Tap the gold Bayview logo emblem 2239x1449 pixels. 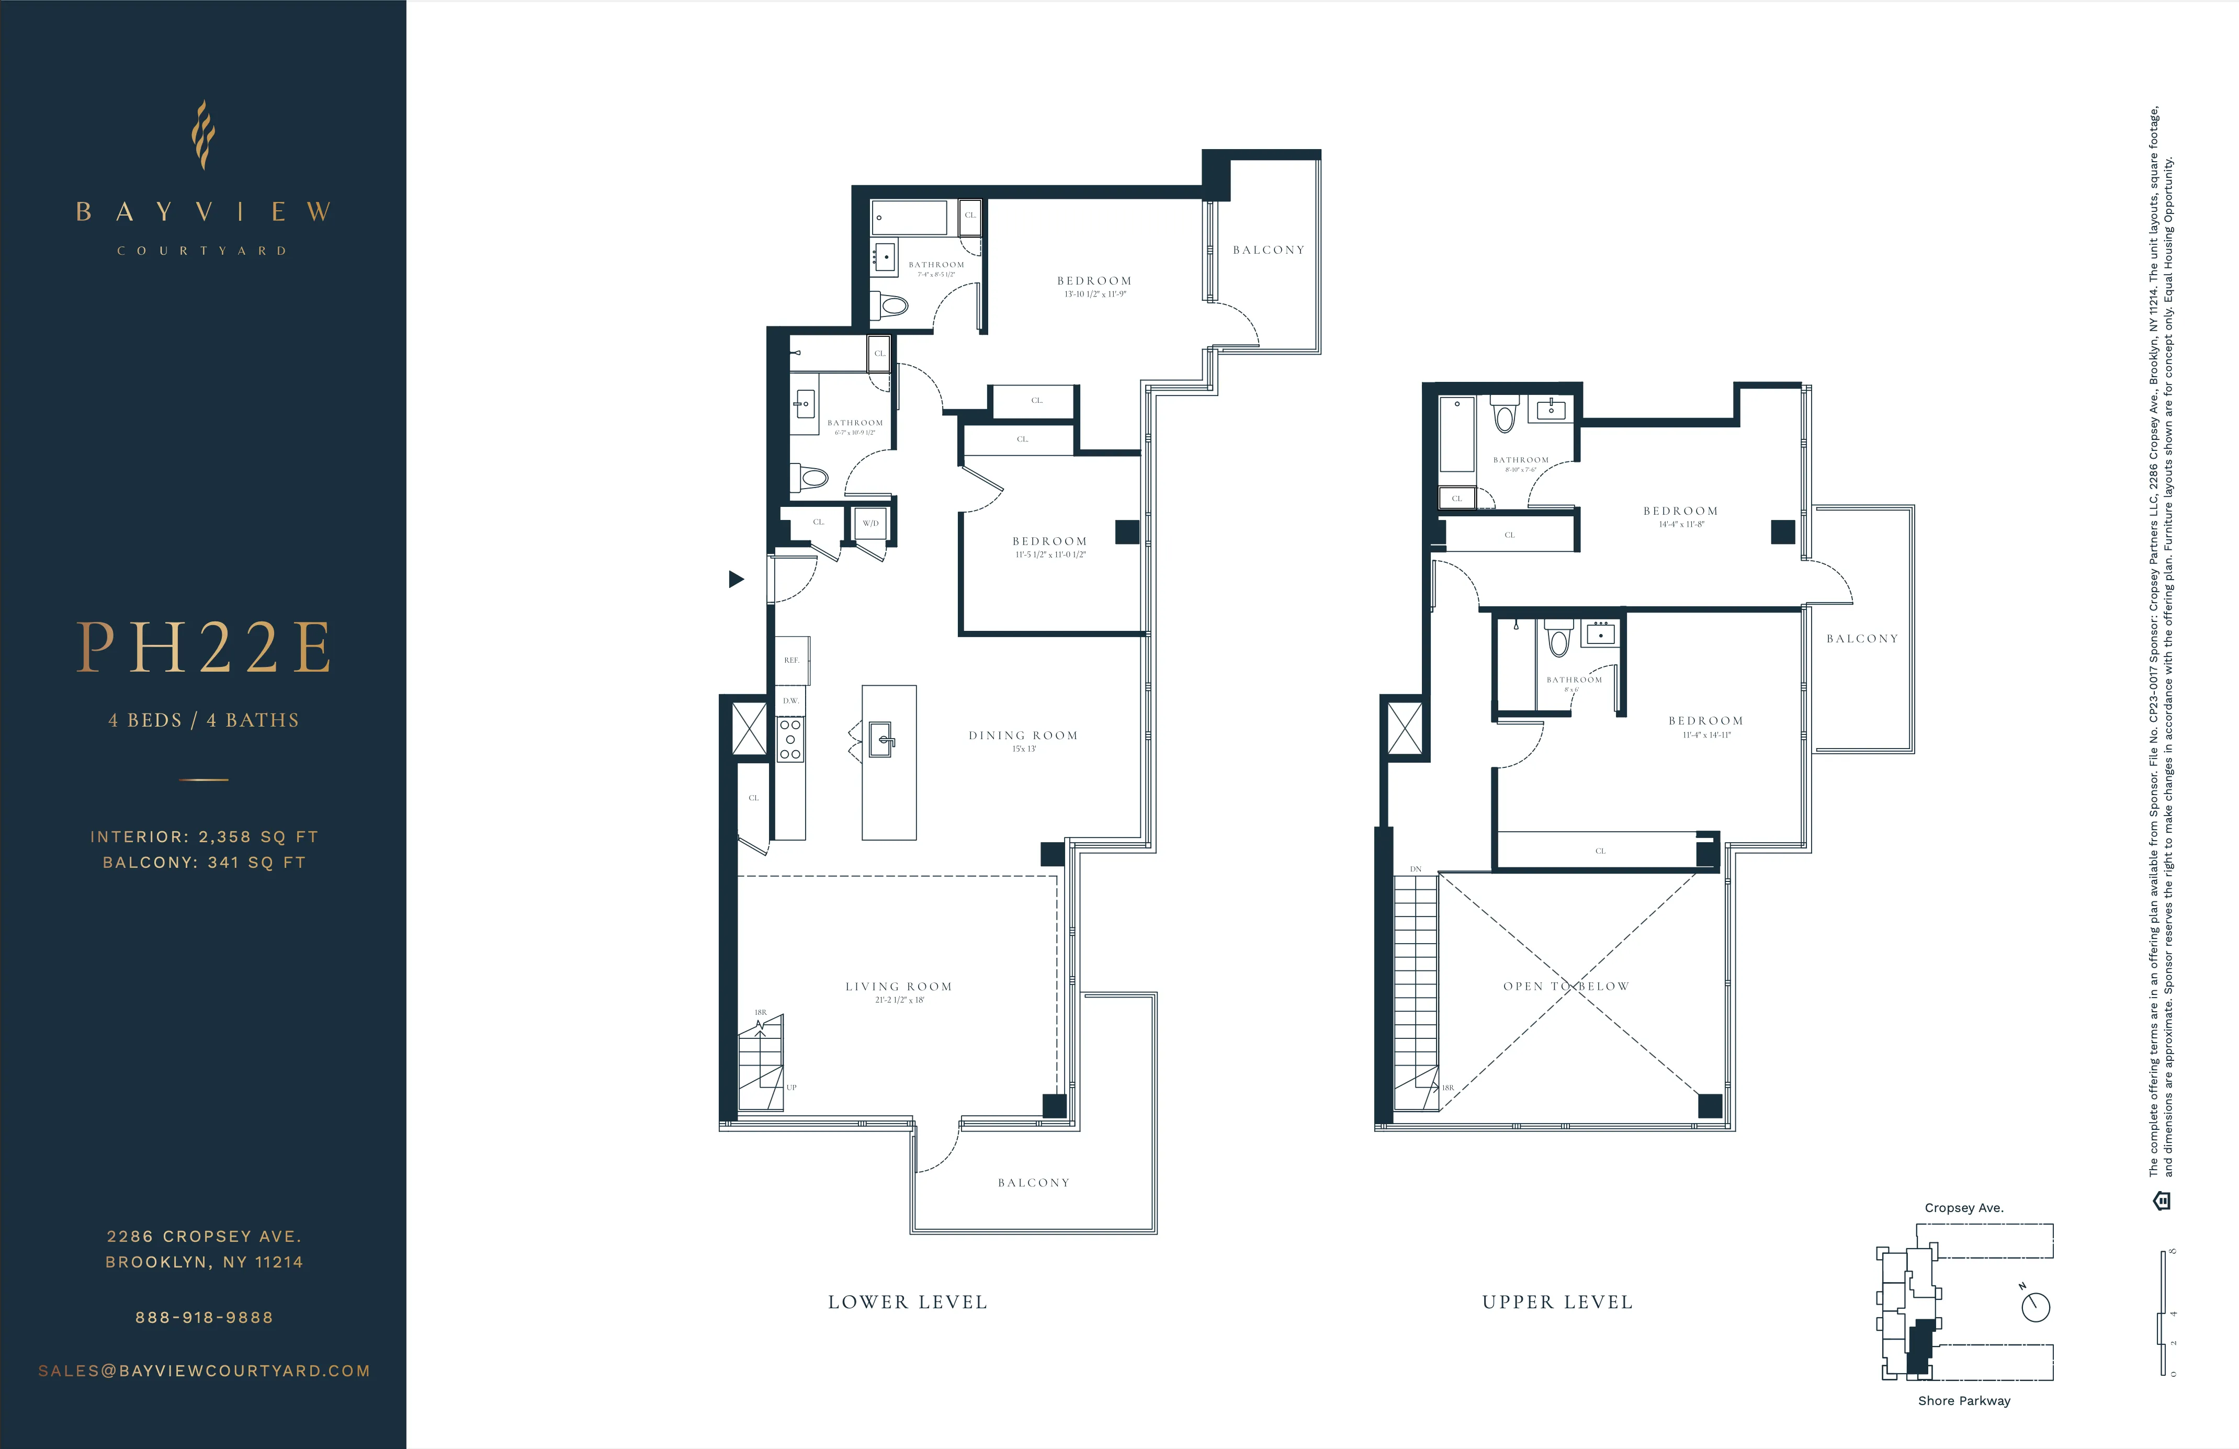point(203,134)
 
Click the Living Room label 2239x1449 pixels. point(898,986)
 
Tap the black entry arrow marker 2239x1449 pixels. point(736,579)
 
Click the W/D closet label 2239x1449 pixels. point(870,523)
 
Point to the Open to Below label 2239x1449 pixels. point(1565,986)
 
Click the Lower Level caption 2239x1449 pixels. point(908,1302)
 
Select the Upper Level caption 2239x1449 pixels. point(1557,1302)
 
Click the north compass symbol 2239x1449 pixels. point(2035,1306)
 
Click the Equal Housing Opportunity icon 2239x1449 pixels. point(2162,1201)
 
